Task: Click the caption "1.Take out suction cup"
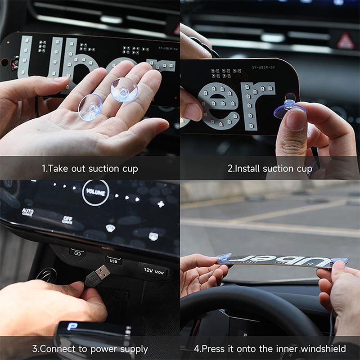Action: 90,169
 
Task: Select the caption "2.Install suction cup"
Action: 270,169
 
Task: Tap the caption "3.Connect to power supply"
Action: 90,349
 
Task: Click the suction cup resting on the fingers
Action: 124,89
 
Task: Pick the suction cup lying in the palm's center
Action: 90,108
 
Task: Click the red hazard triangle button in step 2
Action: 346,41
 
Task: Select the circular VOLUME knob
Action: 95,193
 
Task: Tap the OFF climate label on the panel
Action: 67,220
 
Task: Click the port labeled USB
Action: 113,260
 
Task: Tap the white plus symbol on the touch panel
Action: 161,204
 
